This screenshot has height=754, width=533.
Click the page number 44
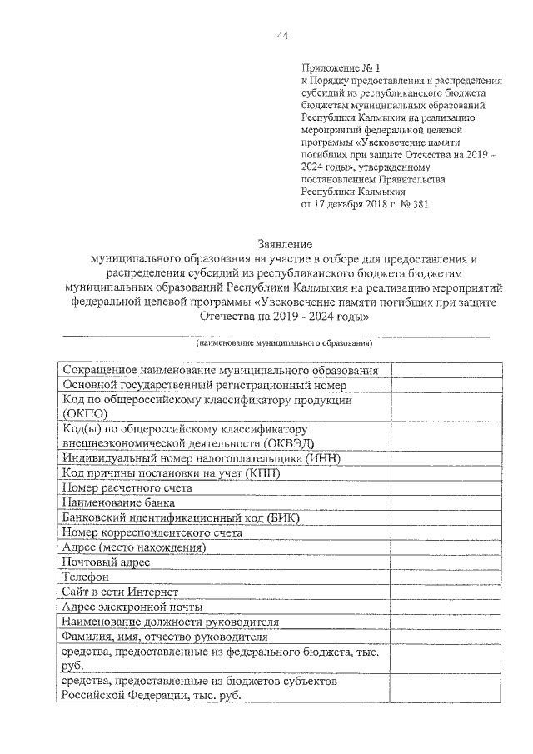[282, 36]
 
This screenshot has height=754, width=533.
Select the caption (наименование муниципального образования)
[283, 342]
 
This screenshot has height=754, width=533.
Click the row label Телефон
[87, 577]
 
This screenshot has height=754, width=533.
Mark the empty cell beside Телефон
[446, 577]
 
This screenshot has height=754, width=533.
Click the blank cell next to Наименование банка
[446, 502]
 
